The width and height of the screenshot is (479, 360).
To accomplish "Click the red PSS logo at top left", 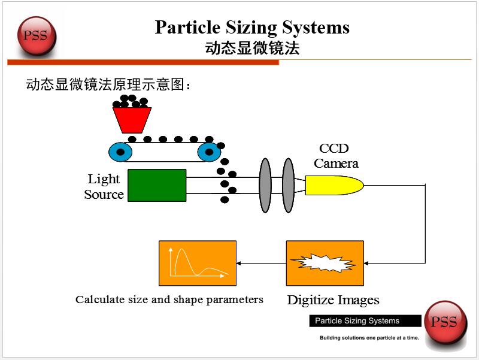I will click(35, 35).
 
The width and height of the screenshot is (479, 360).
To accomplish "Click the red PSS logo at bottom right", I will click(444, 323).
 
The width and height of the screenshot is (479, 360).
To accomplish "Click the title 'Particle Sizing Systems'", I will click(252, 28).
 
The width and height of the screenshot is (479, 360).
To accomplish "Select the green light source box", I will click(157, 185).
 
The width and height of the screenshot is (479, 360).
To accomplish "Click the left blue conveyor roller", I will click(120, 152).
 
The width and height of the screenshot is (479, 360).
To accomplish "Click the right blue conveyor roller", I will click(209, 152).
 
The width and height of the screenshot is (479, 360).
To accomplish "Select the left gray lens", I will click(265, 185).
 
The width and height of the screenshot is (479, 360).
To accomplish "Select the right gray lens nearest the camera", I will click(288, 185).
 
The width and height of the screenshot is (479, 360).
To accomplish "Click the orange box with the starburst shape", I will click(325, 263).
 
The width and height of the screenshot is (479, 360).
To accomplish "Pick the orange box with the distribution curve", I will click(198, 263).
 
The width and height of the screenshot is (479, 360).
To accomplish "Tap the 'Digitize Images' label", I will click(333, 300).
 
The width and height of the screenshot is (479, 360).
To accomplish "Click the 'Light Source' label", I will click(104, 186).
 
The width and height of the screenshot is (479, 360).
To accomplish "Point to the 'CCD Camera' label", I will click(335, 156).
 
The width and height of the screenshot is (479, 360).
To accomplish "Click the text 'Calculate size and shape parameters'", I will click(169, 300).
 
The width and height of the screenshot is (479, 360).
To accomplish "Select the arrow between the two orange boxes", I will click(261, 263).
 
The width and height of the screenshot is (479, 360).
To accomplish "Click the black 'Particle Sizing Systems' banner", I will click(357, 321).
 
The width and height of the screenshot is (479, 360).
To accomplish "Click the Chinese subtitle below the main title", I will click(252, 49).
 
